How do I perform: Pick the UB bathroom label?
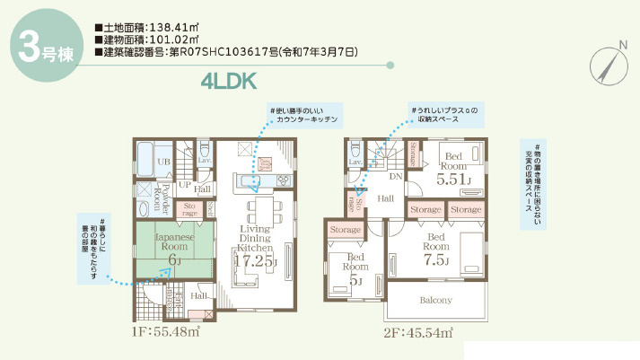[x=164, y=162]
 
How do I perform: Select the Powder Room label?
[x=155, y=193]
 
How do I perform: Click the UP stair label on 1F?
[x=184, y=186]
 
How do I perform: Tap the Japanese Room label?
[x=174, y=241]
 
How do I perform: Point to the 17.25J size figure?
[x=254, y=260]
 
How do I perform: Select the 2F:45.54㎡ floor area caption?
[x=414, y=331]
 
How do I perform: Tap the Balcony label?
[x=434, y=300]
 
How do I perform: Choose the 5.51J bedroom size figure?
[x=453, y=180]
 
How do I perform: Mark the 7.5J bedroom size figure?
[x=435, y=260]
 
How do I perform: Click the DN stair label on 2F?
[x=395, y=176]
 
